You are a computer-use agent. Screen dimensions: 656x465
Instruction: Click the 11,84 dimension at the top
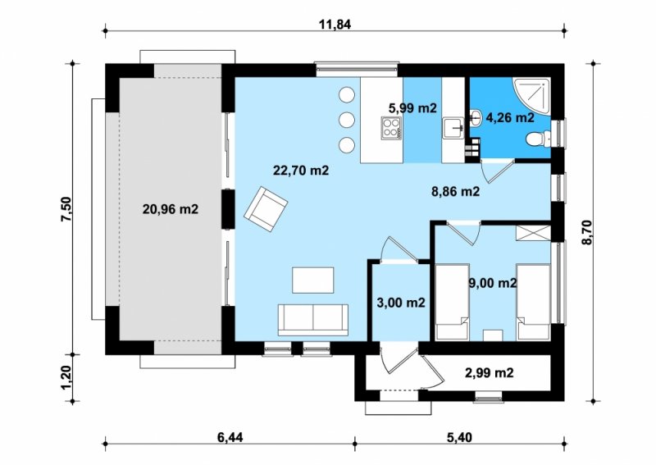click(x=335, y=25)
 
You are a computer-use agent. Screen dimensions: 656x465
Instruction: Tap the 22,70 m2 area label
click(x=301, y=171)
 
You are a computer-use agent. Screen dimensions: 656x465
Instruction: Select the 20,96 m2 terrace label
click(x=171, y=209)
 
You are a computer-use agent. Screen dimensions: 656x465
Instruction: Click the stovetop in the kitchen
click(x=391, y=128)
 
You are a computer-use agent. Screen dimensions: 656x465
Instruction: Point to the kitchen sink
click(x=453, y=128)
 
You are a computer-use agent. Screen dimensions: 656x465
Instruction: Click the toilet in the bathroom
click(x=540, y=139)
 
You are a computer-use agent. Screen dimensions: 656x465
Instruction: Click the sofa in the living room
click(x=313, y=320)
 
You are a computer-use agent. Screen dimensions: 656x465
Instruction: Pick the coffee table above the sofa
click(x=313, y=280)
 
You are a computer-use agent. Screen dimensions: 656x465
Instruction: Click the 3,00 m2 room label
click(x=401, y=303)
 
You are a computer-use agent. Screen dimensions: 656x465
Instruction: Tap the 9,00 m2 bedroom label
click(x=493, y=284)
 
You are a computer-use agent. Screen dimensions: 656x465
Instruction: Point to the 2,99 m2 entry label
click(x=489, y=372)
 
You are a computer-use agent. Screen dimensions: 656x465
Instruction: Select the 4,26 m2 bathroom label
click(x=510, y=117)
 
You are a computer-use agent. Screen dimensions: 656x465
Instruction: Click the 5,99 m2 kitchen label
click(x=412, y=108)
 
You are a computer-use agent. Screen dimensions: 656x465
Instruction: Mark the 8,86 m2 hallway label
click(x=456, y=191)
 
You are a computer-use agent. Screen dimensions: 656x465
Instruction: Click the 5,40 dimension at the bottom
click(x=459, y=438)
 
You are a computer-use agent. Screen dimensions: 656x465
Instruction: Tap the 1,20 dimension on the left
click(x=67, y=377)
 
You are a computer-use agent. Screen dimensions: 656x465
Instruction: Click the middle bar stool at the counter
click(x=346, y=121)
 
